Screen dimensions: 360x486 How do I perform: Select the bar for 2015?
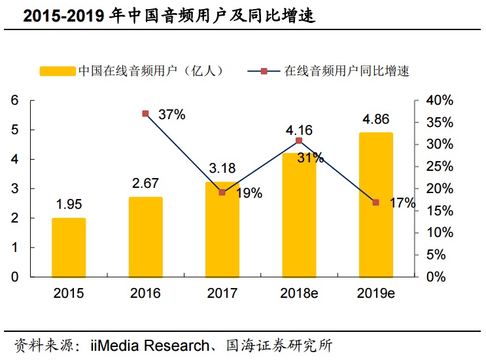click(x=69, y=247)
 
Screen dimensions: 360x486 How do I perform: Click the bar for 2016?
click(x=145, y=237)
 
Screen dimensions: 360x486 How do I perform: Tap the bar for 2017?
click(x=222, y=229)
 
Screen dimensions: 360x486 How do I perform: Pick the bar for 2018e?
click(x=299, y=215)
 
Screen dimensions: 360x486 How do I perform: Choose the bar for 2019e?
click(x=375, y=205)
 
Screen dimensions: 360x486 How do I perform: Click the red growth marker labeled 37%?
click(x=145, y=114)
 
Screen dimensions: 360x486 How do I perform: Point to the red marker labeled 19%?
click(x=222, y=192)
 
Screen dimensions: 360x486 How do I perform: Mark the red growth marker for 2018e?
click(x=299, y=141)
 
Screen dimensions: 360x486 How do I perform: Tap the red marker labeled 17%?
click(x=375, y=202)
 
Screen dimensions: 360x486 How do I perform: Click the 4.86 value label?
click(x=375, y=120)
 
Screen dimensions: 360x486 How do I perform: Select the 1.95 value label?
click(x=69, y=206)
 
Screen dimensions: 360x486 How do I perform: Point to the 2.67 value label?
click(x=145, y=183)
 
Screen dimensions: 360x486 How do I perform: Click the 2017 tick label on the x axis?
click(x=222, y=293)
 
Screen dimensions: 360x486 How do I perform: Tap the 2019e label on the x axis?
click(x=375, y=293)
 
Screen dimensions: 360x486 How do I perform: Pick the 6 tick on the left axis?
click(x=14, y=100)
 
